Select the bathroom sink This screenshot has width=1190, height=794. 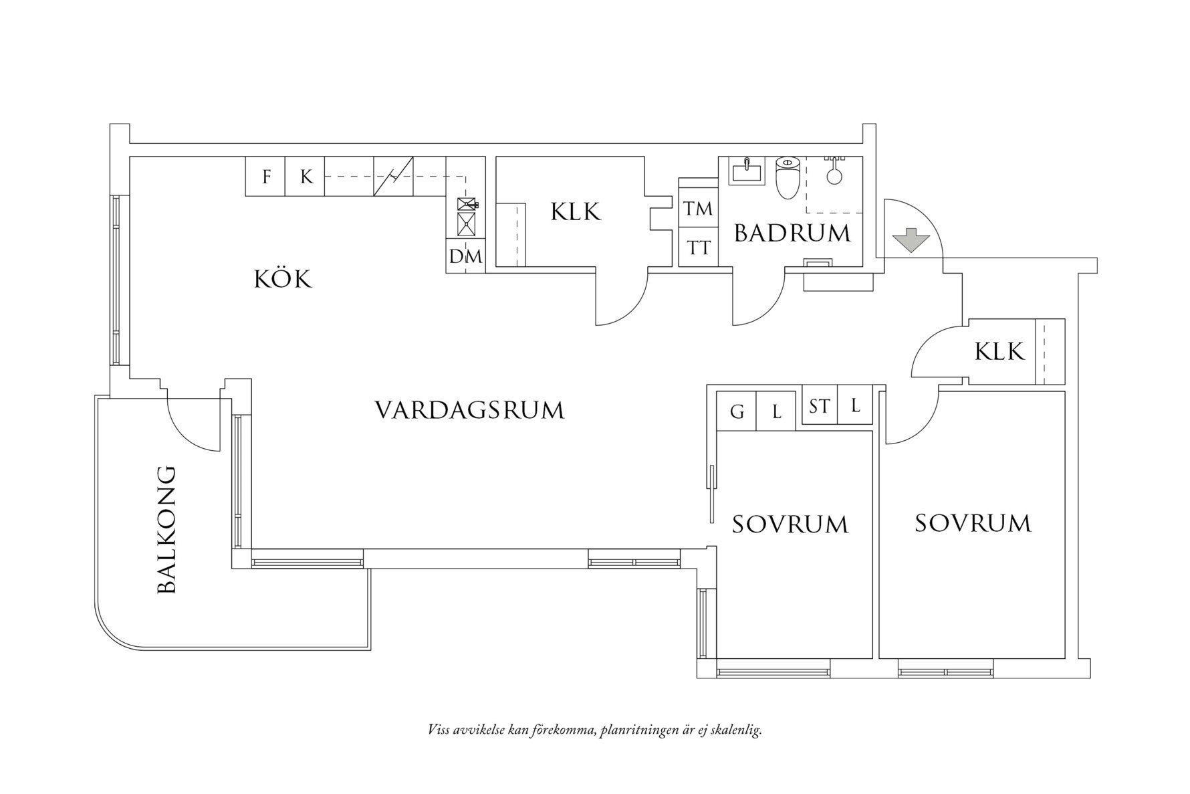pyautogui.click(x=746, y=171)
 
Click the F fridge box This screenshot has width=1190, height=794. pyautogui.click(x=266, y=177)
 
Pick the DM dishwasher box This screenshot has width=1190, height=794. pyautogui.click(x=465, y=256)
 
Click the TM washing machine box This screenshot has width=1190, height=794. pyautogui.click(x=698, y=209)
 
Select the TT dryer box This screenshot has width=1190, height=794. pyautogui.click(x=698, y=248)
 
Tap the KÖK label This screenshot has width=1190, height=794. pyautogui.click(x=283, y=279)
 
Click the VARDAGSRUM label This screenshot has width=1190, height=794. pyautogui.click(x=469, y=410)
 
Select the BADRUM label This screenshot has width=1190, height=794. pyautogui.click(x=792, y=233)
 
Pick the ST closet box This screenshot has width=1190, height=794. pyautogui.click(x=819, y=406)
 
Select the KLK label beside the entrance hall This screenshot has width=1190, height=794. pyautogui.click(x=999, y=351)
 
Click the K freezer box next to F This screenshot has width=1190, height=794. pyautogui.click(x=306, y=177)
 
